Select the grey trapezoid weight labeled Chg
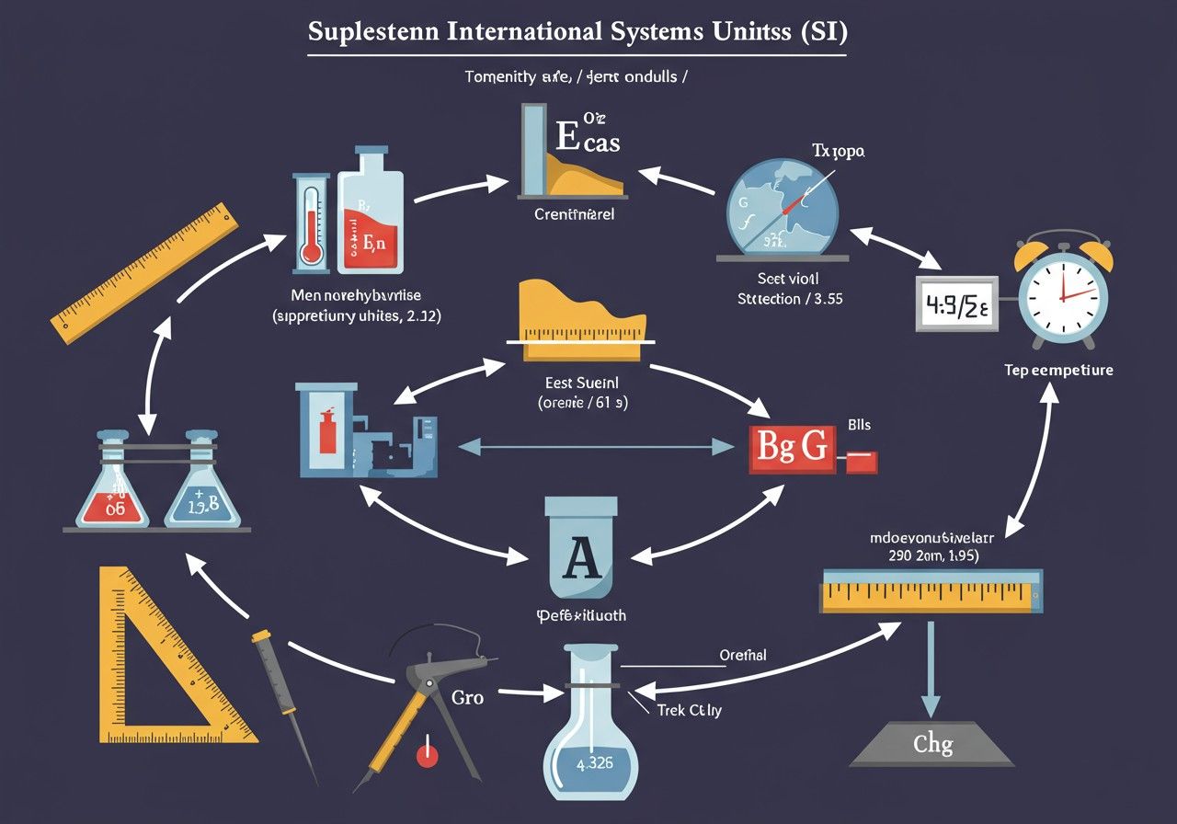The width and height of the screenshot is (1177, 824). click(x=931, y=741)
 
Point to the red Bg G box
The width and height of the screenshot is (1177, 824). click(x=790, y=448)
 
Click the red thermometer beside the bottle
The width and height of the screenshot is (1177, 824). click(x=311, y=221)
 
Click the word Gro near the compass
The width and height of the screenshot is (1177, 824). click(x=468, y=697)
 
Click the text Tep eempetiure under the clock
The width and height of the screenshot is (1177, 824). click(x=1058, y=370)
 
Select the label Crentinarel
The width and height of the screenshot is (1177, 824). click(x=574, y=214)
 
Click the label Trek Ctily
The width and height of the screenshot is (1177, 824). click(x=689, y=710)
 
